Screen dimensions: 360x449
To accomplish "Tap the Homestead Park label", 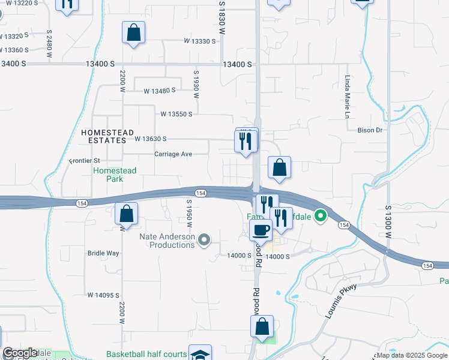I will click(114, 175).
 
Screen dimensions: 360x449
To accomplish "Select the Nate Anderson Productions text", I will click(167, 241).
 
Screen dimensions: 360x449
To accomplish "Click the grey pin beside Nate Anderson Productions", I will click(205, 241).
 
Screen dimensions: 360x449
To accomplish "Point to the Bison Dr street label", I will click(370, 130).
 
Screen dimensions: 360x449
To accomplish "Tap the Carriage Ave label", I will click(173, 154).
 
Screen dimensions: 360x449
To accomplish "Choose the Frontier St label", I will click(84, 161).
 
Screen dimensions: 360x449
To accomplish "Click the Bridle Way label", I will click(103, 253).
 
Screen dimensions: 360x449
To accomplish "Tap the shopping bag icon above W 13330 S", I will click(133, 32).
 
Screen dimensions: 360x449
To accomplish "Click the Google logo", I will click(20, 353).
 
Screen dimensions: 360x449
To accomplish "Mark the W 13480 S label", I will click(159, 91).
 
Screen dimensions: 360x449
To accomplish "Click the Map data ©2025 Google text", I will click(411, 355).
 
